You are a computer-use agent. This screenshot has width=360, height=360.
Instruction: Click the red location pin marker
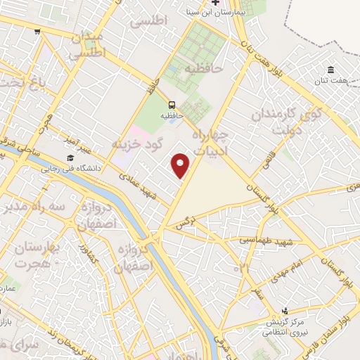tap(181, 165)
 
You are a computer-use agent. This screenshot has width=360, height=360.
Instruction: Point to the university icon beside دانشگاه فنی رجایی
tap(70, 158)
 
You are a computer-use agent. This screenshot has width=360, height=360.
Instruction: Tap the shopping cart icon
tap(37, 31)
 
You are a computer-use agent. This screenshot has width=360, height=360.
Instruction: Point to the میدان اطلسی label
tap(89, 43)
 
